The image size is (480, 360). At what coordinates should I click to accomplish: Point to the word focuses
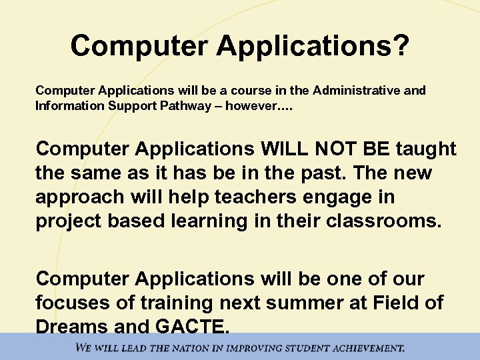coord(75,302)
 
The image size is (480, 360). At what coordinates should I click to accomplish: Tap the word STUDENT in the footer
coord(295,347)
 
